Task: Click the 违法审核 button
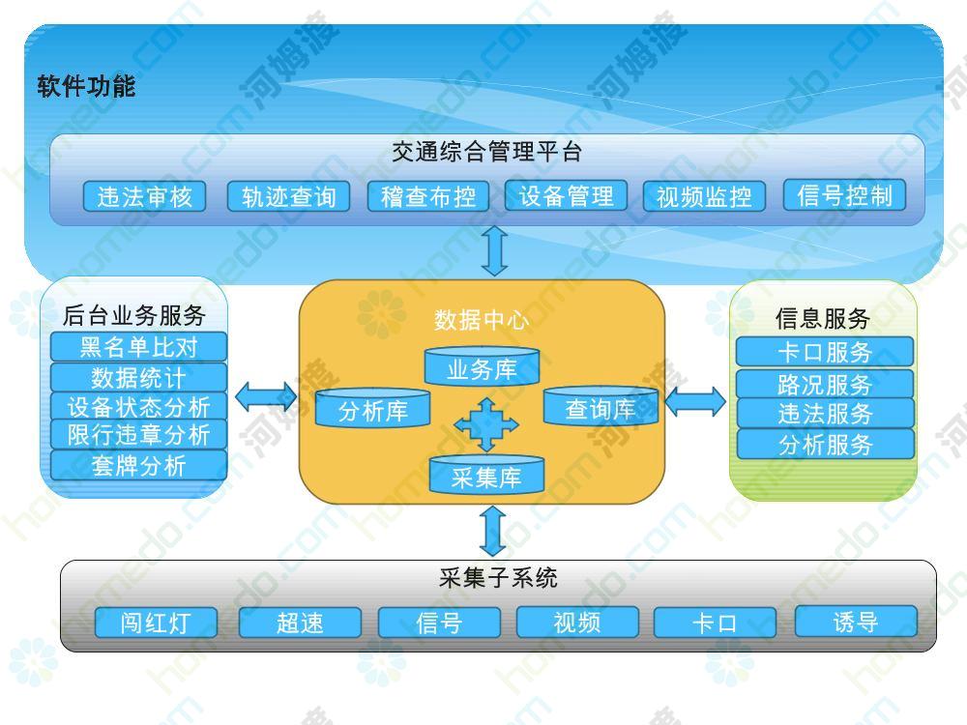click(x=144, y=196)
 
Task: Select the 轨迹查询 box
click(x=288, y=196)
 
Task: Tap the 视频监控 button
click(x=704, y=196)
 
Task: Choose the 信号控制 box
click(x=844, y=195)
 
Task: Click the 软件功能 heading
click(x=86, y=86)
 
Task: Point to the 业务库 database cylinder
click(x=482, y=366)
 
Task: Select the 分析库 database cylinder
click(x=372, y=408)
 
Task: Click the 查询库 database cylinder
click(x=601, y=406)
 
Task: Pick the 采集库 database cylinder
click(x=486, y=474)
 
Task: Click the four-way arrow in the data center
click(x=486, y=424)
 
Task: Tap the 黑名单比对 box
click(x=138, y=346)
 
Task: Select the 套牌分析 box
click(x=138, y=466)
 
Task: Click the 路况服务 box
click(x=825, y=384)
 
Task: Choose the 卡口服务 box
click(x=825, y=352)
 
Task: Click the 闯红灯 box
click(x=156, y=622)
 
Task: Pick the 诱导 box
click(x=856, y=621)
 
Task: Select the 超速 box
click(x=300, y=622)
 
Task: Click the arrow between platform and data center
click(x=495, y=251)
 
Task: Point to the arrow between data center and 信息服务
click(x=695, y=401)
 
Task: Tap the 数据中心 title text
click(x=482, y=319)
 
